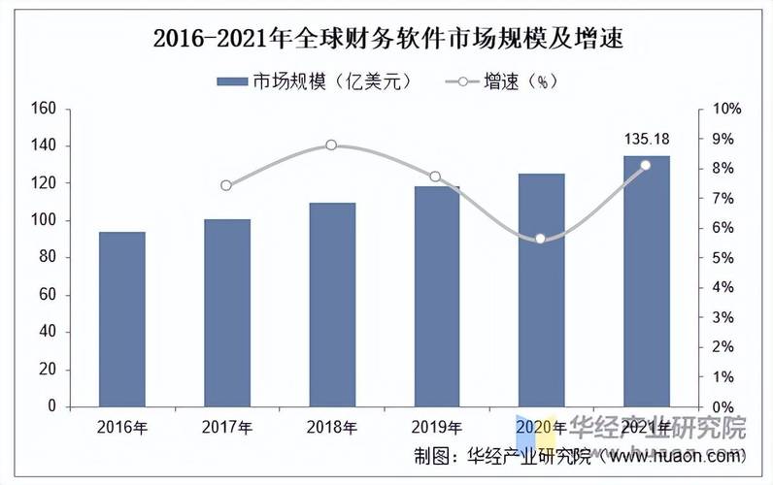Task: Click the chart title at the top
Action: pos(387,40)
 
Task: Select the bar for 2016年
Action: pos(122,319)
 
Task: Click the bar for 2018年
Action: pos(331,305)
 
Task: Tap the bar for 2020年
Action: pos(541,290)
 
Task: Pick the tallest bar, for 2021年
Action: pos(646,281)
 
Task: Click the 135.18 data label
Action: pos(646,140)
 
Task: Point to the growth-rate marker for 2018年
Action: pos(331,145)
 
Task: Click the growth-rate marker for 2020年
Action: pos(541,238)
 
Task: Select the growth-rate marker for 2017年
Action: pos(226,185)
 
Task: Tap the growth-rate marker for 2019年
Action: pos(436,177)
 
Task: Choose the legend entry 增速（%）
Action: pos(504,81)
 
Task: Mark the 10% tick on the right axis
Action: pos(727,109)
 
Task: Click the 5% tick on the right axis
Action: pos(724,258)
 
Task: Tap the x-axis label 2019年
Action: pos(436,428)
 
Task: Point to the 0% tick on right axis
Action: pos(724,407)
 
